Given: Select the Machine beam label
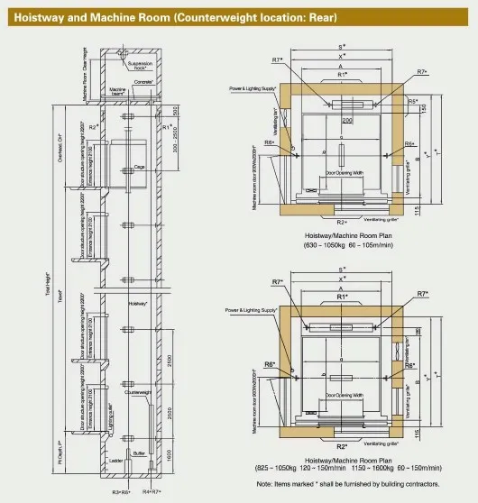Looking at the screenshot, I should [x=118, y=92].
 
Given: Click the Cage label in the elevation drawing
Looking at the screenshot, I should [x=139, y=167].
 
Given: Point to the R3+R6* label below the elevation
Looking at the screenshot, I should [x=118, y=493].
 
